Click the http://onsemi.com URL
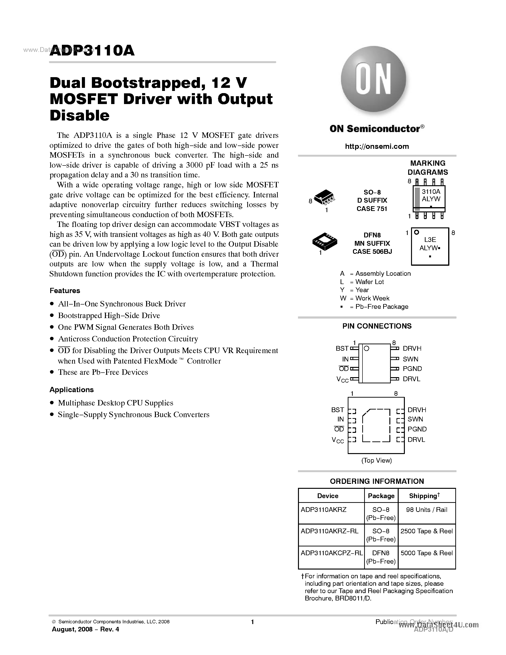(x=377, y=146)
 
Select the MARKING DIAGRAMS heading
(x=427, y=168)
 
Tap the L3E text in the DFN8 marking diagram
(x=430, y=240)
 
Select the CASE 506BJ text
(x=372, y=252)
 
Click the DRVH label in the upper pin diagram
(x=412, y=349)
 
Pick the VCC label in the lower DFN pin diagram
(x=337, y=440)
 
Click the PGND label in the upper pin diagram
(x=412, y=369)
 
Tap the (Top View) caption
(x=377, y=460)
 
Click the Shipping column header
(x=424, y=496)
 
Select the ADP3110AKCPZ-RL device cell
(x=332, y=553)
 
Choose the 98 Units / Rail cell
(x=426, y=510)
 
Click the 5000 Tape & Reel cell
(x=426, y=553)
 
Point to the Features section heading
(x=65, y=291)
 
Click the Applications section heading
(x=72, y=390)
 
